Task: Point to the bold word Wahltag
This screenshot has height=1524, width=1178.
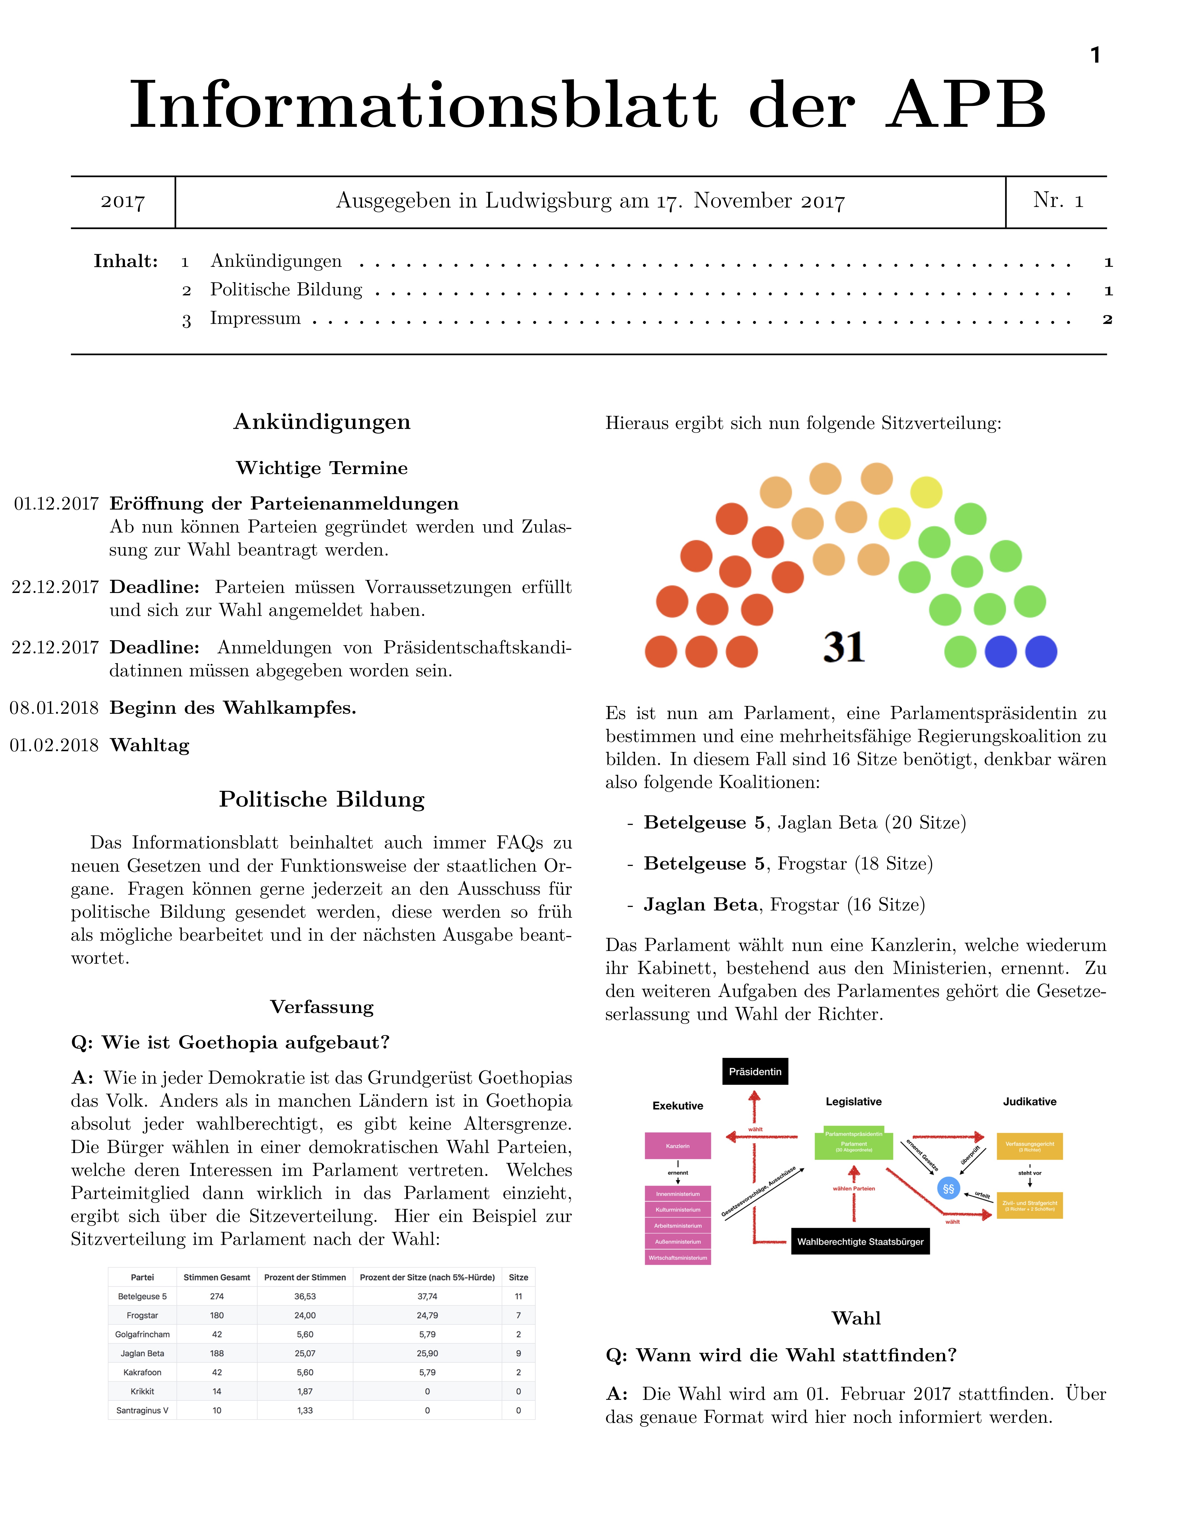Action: tap(149, 745)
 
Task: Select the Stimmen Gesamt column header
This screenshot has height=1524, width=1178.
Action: tap(216, 1277)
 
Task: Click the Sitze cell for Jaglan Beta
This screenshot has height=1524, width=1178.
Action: tap(518, 1353)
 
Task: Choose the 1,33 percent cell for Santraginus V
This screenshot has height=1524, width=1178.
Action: tap(305, 1410)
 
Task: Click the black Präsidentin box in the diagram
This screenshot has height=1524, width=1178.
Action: tap(754, 1071)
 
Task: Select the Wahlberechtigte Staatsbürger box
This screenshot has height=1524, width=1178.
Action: tap(860, 1241)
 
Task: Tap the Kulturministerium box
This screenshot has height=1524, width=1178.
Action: tap(678, 1209)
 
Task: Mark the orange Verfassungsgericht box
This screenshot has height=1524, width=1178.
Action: tap(1029, 1146)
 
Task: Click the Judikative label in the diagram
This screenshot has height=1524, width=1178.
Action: tap(1029, 1101)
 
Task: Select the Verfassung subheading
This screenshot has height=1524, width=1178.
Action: tap(322, 1007)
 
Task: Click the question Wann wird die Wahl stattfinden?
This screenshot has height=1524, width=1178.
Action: tap(781, 1355)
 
